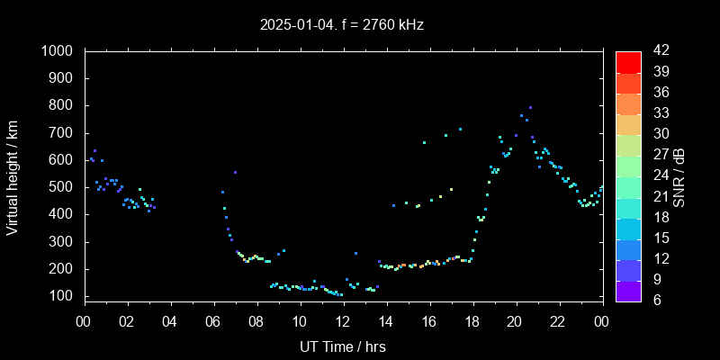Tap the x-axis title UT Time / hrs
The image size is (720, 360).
(343, 346)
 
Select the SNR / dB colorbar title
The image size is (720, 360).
(678, 175)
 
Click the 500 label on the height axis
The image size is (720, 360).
(62, 187)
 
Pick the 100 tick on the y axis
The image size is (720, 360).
(62, 296)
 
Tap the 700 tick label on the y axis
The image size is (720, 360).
(62, 133)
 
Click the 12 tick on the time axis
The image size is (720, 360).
(343, 320)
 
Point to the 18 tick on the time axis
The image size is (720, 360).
(472, 320)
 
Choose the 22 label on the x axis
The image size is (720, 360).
(559, 320)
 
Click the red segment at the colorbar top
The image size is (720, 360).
(628, 61)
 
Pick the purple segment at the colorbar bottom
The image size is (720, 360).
(628, 290)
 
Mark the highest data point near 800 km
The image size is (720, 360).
(530, 107)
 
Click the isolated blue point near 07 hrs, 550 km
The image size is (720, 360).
(235, 172)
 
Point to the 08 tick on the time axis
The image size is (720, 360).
(256, 320)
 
